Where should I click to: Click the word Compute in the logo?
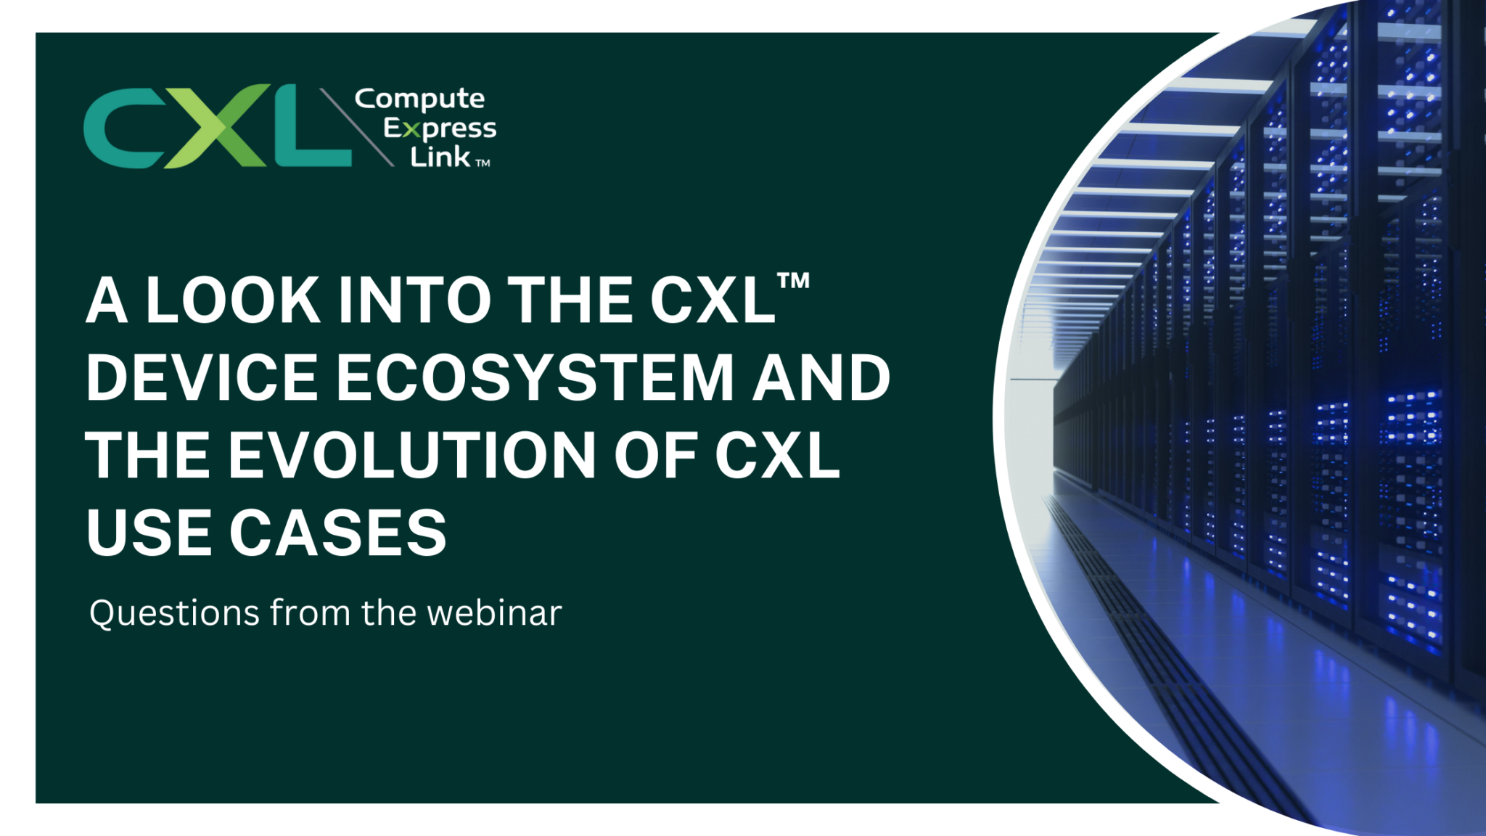419,99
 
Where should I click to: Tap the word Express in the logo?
440,129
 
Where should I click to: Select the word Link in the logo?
440,157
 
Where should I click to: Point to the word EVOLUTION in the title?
413,455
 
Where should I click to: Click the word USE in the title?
149,533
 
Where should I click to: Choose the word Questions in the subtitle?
174,613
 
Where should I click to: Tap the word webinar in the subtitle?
494,613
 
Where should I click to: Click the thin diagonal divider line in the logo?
356,127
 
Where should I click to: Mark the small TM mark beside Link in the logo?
483,163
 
